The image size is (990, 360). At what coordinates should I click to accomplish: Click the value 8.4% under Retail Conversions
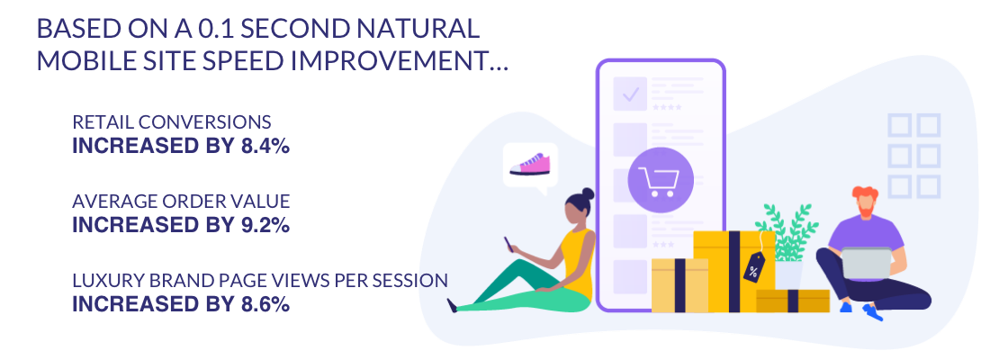pyautogui.click(x=265, y=146)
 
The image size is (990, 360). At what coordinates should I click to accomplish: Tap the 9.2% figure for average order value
pyautogui.click(x=265, y=225)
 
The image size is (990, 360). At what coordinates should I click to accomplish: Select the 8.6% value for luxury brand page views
pyautogui.click(x=265, y=304)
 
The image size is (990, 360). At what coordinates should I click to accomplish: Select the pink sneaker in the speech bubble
pyautogui.click(x=530, y=164)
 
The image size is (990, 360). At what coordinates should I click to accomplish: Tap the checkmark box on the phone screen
pyautogui.click(x=629, y=94)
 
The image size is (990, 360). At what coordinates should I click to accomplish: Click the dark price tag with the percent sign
pyautogui.click(x=754, y=267)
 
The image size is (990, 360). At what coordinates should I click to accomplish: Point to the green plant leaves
pyautogui.click(x=787, y=231)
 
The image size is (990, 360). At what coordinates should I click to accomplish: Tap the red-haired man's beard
pyautogui.click(x=867, y=206)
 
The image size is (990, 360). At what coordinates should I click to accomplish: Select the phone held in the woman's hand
pyautogui.click(x=507, y=243)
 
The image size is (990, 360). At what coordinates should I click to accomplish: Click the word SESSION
pyautogui.click(x=414, y=281)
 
